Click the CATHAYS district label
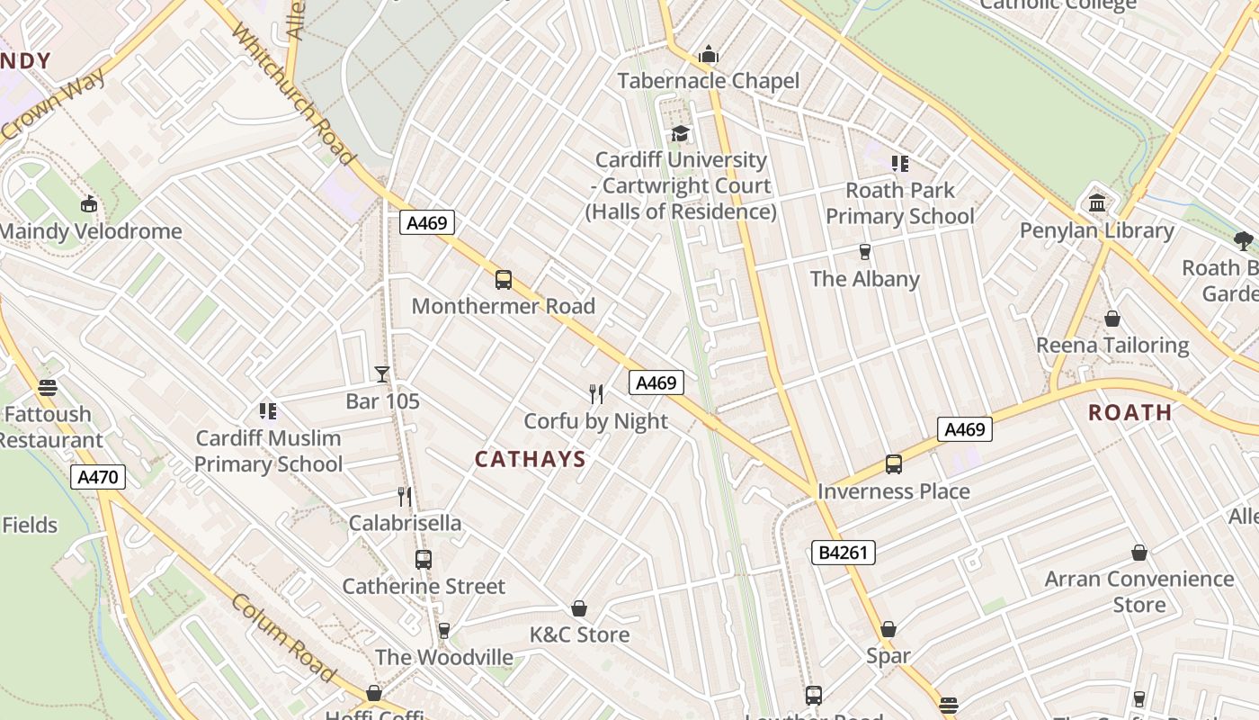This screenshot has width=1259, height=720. tap(530, 459)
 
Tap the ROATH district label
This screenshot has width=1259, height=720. tap(1130, 413)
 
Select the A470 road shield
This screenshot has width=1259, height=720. tap(98, 477)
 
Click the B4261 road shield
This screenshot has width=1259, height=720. tap(843, 552)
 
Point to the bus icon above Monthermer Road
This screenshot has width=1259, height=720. tap(504, 280)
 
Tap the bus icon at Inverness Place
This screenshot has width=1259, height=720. tap(893, 464)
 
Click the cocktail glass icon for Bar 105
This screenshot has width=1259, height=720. tap(382, 374)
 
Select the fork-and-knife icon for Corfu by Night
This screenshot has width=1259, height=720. tap(595, 394)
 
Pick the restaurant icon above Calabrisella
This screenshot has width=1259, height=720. tap(405, 497)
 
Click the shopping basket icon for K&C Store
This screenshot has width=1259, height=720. tap(579, 609)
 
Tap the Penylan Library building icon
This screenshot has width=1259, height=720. tap(1096, 203)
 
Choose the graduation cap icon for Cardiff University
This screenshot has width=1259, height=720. tap(680, 134)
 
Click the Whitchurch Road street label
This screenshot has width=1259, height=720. tap(293, 94)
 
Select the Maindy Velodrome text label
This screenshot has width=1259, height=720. tap(90, 231)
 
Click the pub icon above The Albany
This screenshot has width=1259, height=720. tap(864, 252)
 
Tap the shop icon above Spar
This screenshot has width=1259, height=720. tap(888, 629)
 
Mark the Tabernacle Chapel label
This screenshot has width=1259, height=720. tap(708, 81)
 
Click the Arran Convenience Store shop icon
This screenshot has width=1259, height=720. tap(1138, 553)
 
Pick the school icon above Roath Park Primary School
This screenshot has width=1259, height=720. tap(899, 164)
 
